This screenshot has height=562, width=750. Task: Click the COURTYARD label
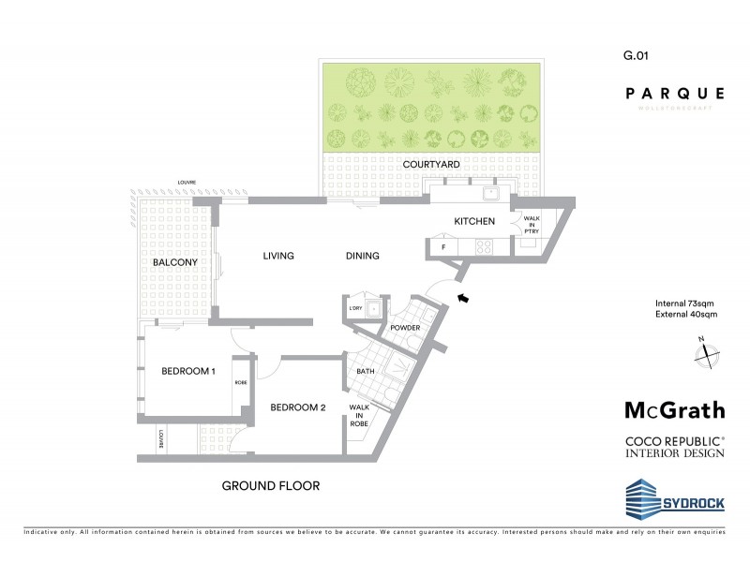[x=431, y=164]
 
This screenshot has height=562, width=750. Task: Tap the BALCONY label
[x=174, y=263]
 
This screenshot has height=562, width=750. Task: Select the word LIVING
[x=278, y=256]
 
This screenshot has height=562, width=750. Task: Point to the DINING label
[x=362, y=256]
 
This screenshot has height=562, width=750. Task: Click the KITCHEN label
[x=474, y=221]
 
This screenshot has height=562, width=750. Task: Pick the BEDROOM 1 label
[x=188, y=372]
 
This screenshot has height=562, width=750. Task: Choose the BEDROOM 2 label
[x=298, y=407]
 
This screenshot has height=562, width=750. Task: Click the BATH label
[x=366, y=372]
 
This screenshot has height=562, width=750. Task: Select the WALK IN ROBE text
[x=359, y=415]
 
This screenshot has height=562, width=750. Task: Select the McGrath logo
[x=674, y=410]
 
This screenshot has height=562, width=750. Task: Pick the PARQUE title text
[x=675, y=93]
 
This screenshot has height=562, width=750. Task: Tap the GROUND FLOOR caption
[x=271, y=486]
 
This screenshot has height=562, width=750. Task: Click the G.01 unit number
[x=636, y=56]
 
